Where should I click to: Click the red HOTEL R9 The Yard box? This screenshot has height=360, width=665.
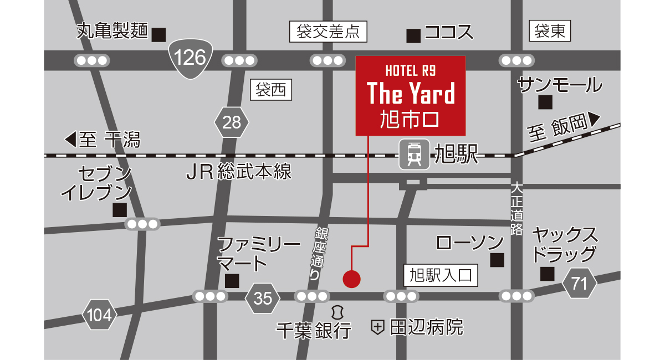410,95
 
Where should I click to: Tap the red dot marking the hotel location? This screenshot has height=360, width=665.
351,279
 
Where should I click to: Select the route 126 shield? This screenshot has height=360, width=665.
190,57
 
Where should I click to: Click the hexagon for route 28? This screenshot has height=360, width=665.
232,122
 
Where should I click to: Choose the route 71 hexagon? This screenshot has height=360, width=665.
579,284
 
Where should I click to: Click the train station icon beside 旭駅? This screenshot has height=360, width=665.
413,153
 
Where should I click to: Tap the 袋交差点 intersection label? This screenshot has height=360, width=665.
329,32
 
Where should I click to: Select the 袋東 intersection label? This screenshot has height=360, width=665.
550,32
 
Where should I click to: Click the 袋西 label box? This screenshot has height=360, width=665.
272,90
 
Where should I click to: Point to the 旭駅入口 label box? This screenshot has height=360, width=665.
440,274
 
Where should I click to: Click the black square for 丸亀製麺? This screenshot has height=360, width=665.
159,34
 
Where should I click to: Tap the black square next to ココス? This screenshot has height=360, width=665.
413,36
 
